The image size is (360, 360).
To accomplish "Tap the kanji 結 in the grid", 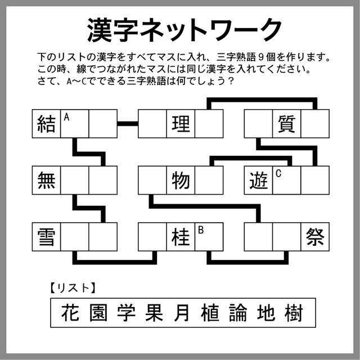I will pyautogui.click(x=46, y=124).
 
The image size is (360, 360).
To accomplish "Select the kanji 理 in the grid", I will pyautogui.click(x=181, y=124).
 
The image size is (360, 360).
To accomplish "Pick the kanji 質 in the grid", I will pyautogui.click(x=286, y=124).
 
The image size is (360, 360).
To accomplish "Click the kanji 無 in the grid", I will pyautogui.click(x=46, y=180).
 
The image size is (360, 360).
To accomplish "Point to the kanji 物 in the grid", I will pyautogui.click(x=181, y=180).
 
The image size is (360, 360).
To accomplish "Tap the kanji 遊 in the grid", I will pyautogui.click(x=258, y=180).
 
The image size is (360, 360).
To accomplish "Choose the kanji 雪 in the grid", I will pyautogui.click(x=46, y=236).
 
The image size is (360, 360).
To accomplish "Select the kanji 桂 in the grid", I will pyautogui.click(x=181, y=236).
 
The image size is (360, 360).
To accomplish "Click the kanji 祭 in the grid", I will pyautogui.click(x=314, y=236).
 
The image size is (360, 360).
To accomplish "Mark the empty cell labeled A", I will pyautogui.click(x=74, y=124).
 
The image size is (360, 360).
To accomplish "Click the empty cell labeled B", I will pyautogui.click(x=209, y=237).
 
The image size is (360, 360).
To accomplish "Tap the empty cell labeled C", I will pyautogui.click(x=286, y=181).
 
